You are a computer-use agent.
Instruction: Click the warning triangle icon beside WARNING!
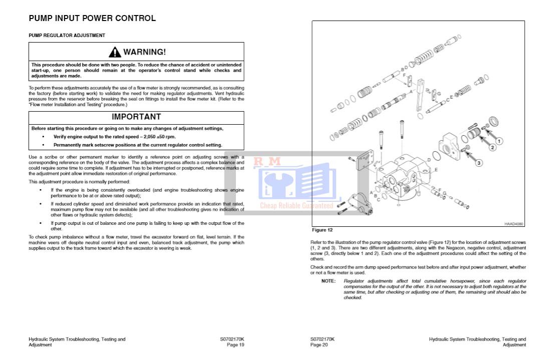click(115, 52)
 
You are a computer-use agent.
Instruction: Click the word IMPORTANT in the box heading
click(136, 117)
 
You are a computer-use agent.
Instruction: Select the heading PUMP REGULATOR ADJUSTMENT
click(67, 36)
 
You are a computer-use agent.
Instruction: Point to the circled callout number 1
click(499, 141)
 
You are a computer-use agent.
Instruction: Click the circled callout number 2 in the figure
click(492, 148)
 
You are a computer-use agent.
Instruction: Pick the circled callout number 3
click(479, 163)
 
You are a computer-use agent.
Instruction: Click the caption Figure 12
click(322, 230)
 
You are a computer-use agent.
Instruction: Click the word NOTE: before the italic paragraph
click(329, 281)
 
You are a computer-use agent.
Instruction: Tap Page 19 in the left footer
click(235, 345)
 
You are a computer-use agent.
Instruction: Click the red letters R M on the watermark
click(267, 162)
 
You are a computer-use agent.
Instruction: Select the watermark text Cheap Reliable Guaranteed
click(297, 206)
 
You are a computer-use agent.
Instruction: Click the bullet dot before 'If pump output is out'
click(41, 223)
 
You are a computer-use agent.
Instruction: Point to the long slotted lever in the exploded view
click(420, 95)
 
